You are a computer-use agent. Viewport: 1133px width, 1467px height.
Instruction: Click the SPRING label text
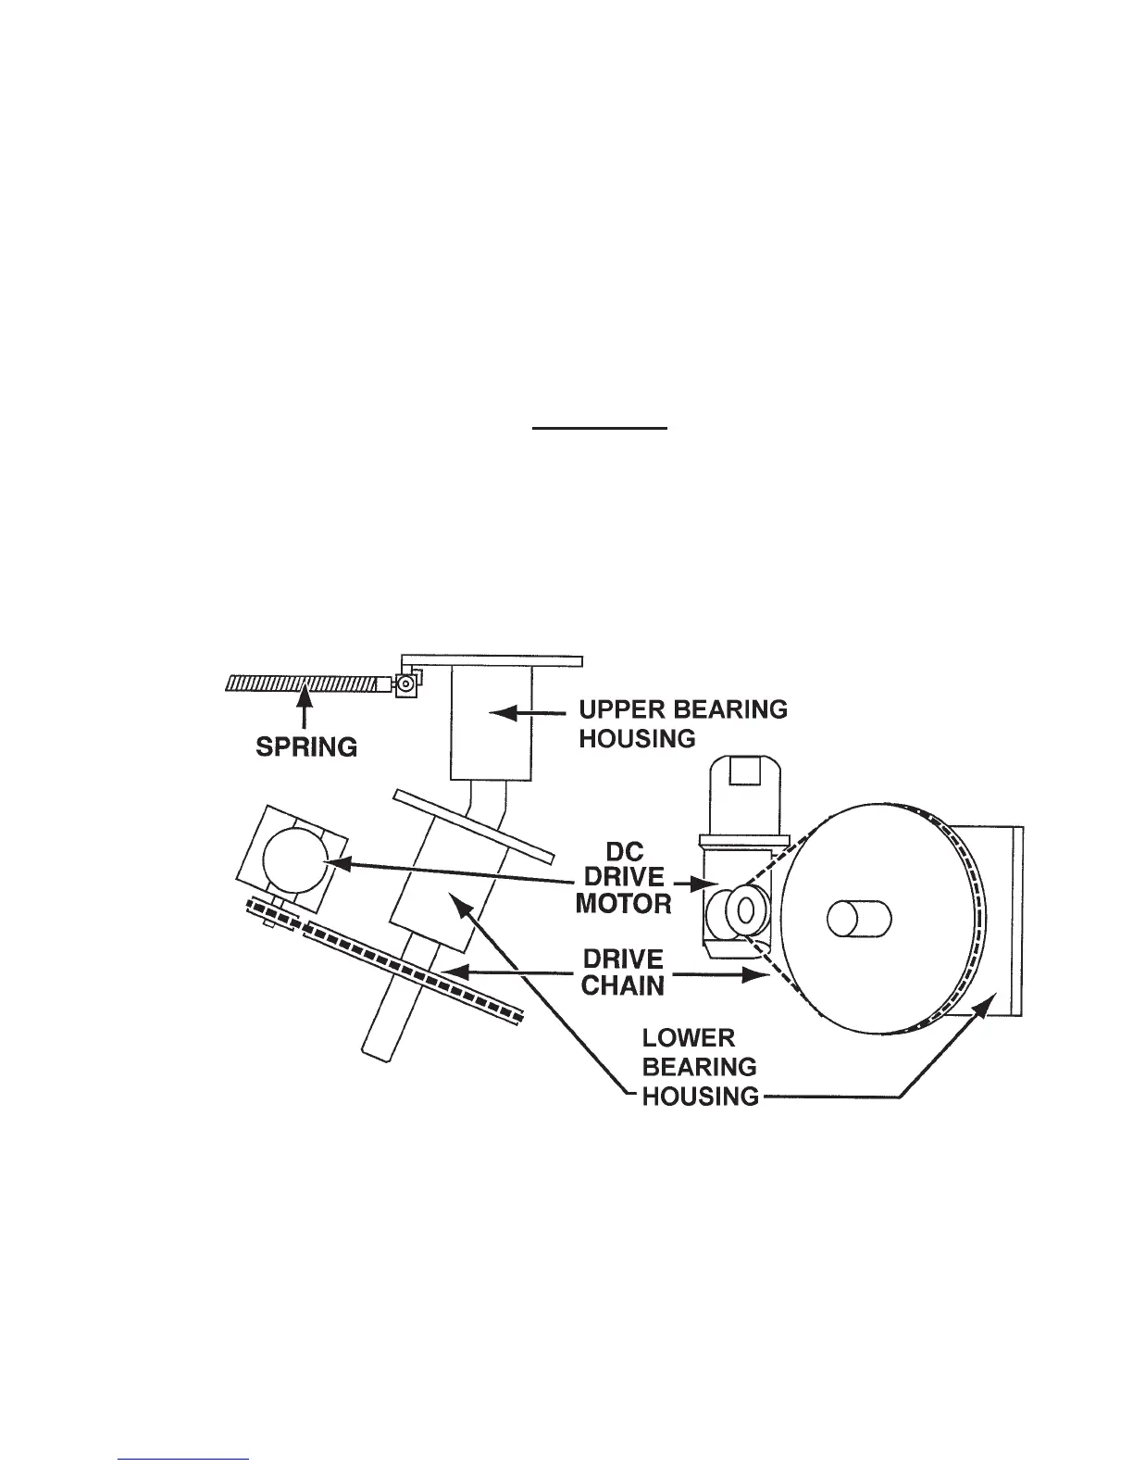pos(306,747)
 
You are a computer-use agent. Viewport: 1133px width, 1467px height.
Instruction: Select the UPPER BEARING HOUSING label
pos(683,723)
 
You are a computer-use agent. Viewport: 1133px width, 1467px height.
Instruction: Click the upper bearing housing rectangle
pos(491,724)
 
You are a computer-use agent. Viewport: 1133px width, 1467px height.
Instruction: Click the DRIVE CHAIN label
pos(624,972)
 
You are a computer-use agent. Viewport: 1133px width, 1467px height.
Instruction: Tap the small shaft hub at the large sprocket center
pos(858,918)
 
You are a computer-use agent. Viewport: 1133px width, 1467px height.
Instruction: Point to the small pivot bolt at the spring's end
pos(405,684)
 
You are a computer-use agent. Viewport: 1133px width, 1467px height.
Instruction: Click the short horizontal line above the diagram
pos(599,429)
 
